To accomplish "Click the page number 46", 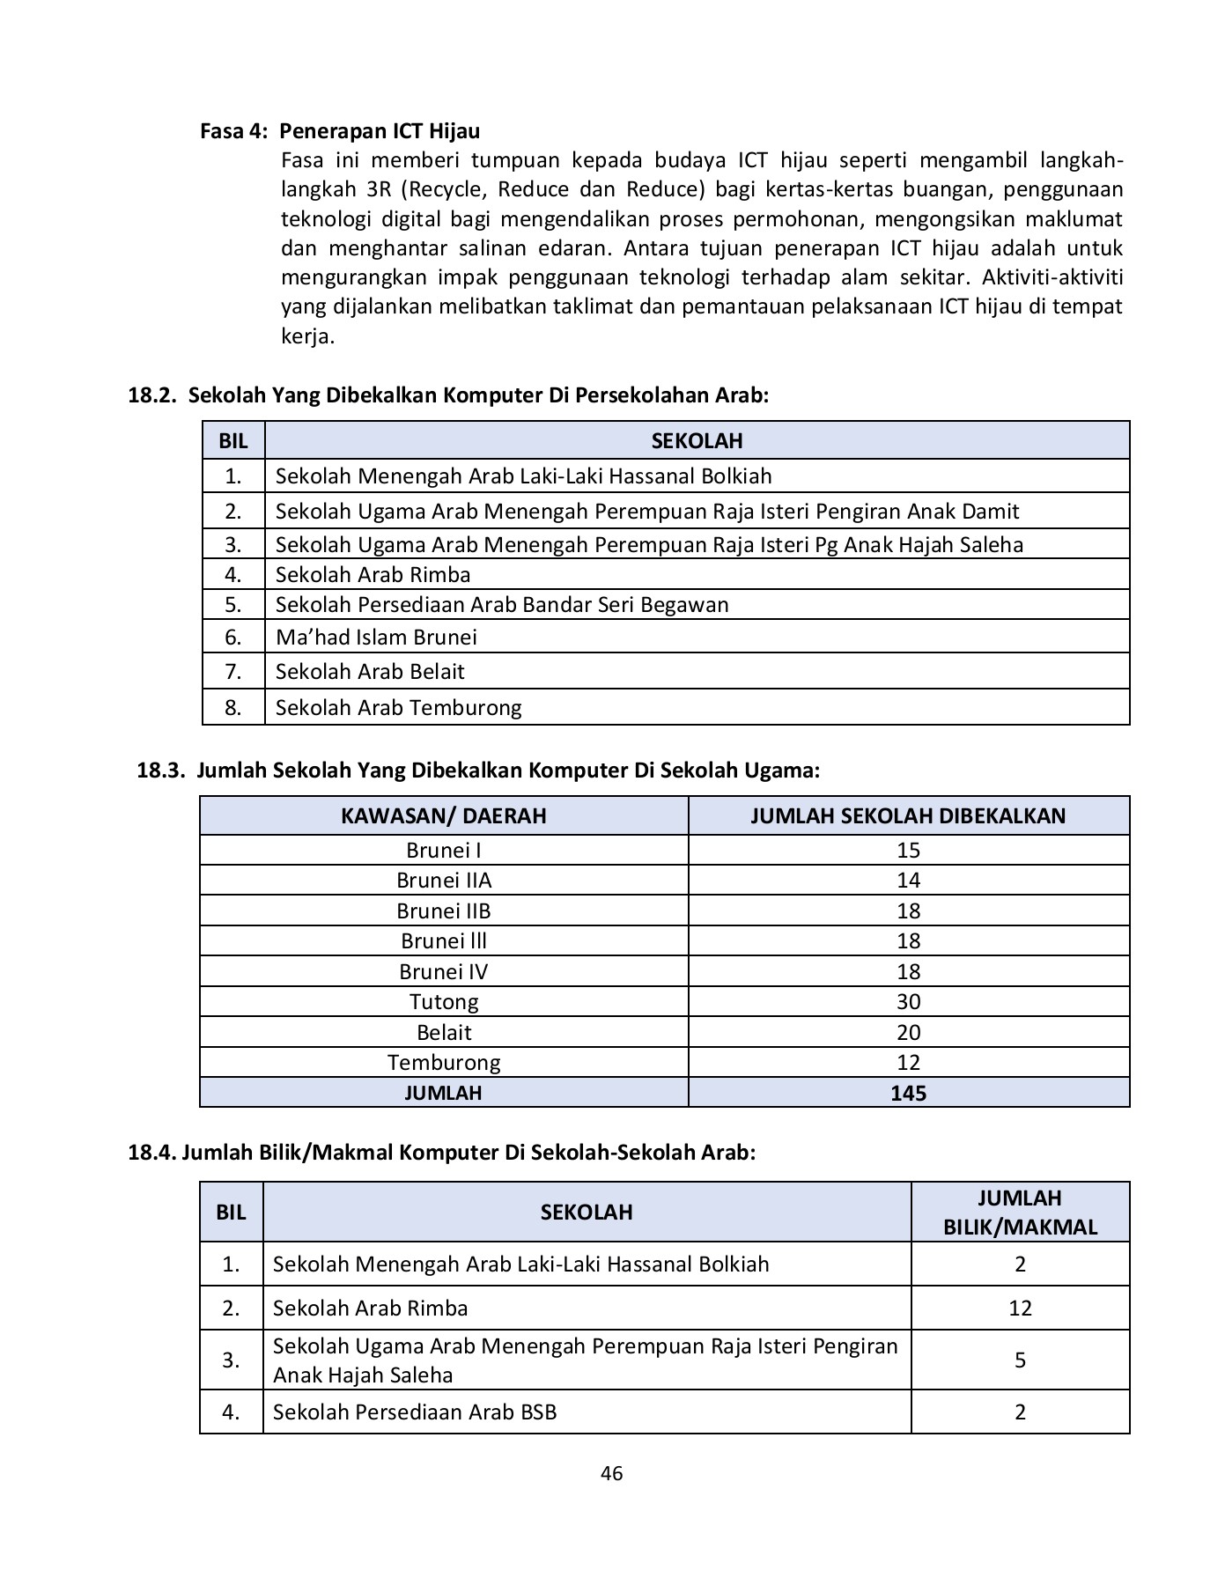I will (611, 1473).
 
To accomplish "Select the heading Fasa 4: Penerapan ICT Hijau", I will (340, 131).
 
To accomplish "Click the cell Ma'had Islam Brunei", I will (376, 637).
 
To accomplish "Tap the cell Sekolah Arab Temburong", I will (398, 708).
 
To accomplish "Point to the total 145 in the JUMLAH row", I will (908, 1093).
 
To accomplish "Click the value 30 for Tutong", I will (908, 1002).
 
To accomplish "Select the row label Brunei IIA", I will (444, 881).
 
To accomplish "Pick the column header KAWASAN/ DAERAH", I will (444, 815).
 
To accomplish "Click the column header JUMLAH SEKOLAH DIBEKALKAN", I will (908, 815).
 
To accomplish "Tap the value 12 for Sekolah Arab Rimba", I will (1020, 1309).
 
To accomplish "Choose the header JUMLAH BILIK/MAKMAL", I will (1020, 1213).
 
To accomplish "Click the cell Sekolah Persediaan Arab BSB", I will (415, 1412).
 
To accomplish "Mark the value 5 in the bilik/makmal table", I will (1020, 1360).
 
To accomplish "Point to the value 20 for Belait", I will (908, 1032).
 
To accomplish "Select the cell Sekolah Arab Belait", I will (370, 672).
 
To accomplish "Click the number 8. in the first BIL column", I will (232, 708).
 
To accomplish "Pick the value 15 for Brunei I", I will (908, 851).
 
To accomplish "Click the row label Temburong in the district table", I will (444, 1063).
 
